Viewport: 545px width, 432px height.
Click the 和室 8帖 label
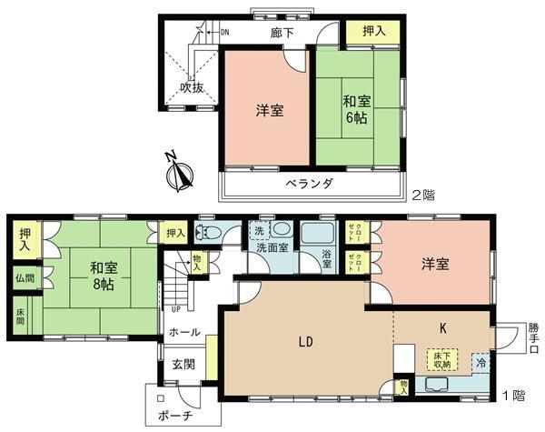tap(103, 275)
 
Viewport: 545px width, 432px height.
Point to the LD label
tap(306, 343)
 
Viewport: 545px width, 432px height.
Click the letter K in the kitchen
tap(443, 325)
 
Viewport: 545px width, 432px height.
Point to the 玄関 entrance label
tap(183, 365)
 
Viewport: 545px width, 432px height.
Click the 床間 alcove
tap(21, 317)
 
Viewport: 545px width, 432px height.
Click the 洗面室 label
tap(273, 248)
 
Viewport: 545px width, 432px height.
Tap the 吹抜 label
tap(191, 88)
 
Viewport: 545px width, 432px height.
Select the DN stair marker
tap(223, 33)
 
